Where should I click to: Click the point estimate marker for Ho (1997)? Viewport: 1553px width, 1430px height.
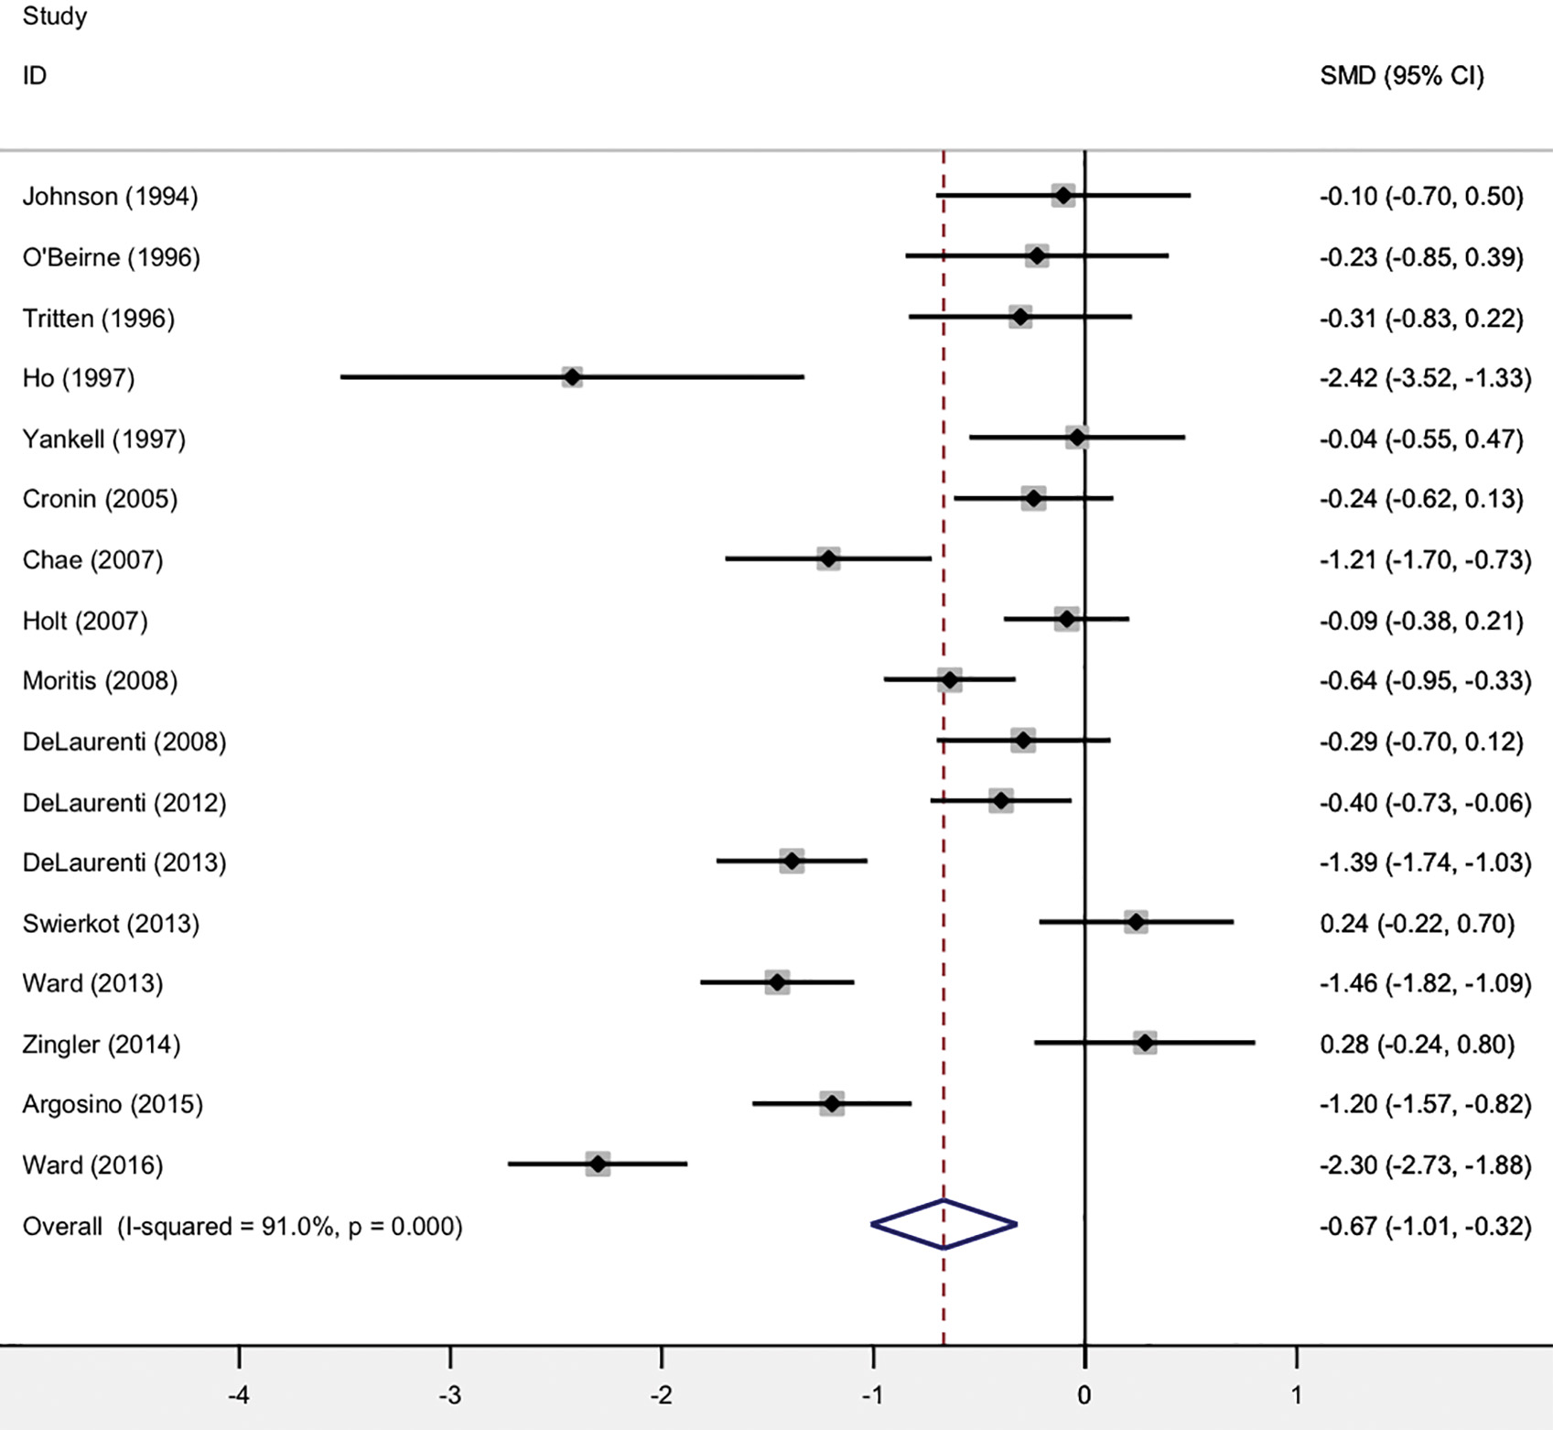click(x=572, y=377)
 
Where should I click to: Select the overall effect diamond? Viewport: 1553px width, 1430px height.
click(x=944, y=1224)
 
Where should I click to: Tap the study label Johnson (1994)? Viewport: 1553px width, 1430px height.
click(x=110, y=197)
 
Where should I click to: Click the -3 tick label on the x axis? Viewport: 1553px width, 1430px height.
click(x=449, y=1395)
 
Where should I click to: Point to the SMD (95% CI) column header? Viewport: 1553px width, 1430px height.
click(x=1401, y=76)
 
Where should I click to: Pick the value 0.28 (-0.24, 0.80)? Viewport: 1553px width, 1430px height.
click(x=1417, y=1044)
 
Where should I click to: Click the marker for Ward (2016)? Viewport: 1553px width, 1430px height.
click(x=598, y=1165)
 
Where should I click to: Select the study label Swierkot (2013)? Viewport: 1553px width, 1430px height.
click(x=111, y=923)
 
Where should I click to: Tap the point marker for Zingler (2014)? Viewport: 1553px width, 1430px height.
click(x=1145, y=1043)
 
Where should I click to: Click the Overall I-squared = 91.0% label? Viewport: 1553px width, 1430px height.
click(x=243, y=1226)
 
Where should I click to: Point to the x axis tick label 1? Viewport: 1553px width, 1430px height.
click(x=1296, y=1395)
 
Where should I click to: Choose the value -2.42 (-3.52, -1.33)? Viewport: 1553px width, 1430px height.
click(x=1425, y=378)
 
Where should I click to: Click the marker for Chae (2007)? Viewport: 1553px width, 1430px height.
click(x=828, y=559)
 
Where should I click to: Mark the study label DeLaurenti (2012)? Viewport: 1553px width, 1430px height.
click(x=124, y=803)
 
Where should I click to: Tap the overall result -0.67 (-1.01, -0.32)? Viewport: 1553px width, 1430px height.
click(x=1425, y=1226)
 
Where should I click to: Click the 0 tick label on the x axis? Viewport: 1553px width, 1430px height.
click(x=1084, y=1395)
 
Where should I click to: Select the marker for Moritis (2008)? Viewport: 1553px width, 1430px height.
click(x=950, y=680)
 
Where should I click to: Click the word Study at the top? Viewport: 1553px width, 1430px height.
click(x=55, y=16)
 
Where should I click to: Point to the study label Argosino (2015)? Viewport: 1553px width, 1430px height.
click(x=113, y=1104)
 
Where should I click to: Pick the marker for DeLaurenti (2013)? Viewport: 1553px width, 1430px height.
click(x=792, y=861)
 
